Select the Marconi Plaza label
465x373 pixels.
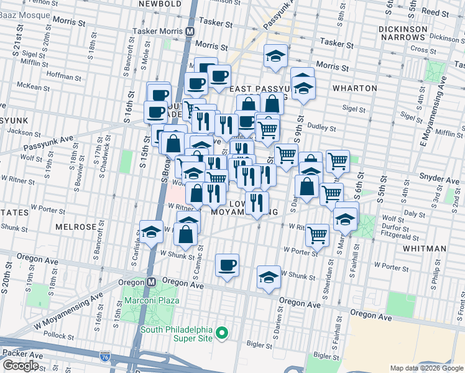click(x=152, y=301)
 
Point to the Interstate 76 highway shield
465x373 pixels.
click(x=105, y=357)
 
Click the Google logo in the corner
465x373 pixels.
click(x=20, y=366)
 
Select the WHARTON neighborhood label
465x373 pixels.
click(x=354, y=88)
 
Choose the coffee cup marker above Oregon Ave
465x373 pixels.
click(x=227, y=265)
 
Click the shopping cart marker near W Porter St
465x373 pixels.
click(x=317, y=234)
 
